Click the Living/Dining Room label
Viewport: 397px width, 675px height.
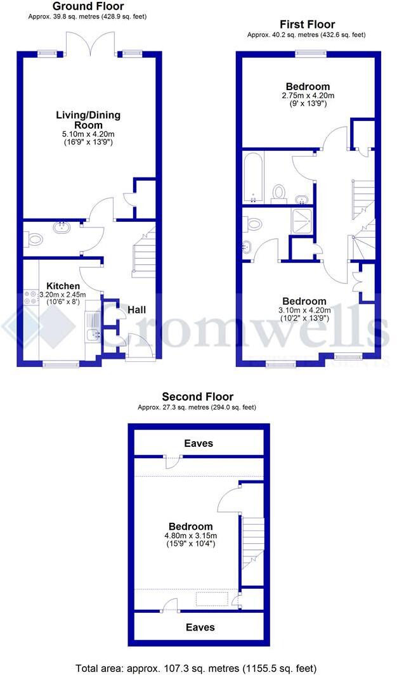(88, 120)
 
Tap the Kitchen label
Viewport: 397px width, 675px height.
(62, 286)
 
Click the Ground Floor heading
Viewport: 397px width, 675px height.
(88, 6)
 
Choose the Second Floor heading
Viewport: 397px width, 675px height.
(197, 397)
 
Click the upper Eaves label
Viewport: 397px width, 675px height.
(198, 444)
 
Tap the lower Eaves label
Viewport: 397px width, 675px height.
(199, 627)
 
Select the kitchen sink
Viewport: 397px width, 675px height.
(93, 334)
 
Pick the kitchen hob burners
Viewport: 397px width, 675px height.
(29, 297)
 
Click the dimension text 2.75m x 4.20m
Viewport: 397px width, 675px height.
(308, 96)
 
